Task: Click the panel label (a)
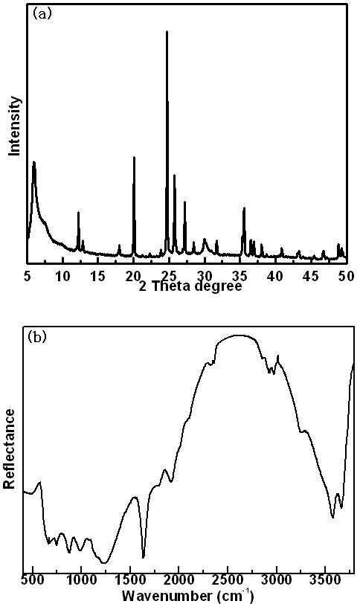[x=42, y=14]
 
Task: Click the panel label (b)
[x=37, y=337]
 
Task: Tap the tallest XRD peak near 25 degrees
[x=167, y=31]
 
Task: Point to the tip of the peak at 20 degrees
[x=134, y=157]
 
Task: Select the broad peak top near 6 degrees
[x=34, y=162]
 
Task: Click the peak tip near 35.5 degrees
[x=244, y=208]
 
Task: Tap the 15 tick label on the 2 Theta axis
[x=98, y=276]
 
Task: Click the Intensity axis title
[x=15, y=126]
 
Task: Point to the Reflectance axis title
[x=9, y=449]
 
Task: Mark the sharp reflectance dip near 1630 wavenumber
[x=144, y=557]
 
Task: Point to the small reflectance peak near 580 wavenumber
[x=39, y=482]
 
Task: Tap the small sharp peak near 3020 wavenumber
[x=277, y=357]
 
